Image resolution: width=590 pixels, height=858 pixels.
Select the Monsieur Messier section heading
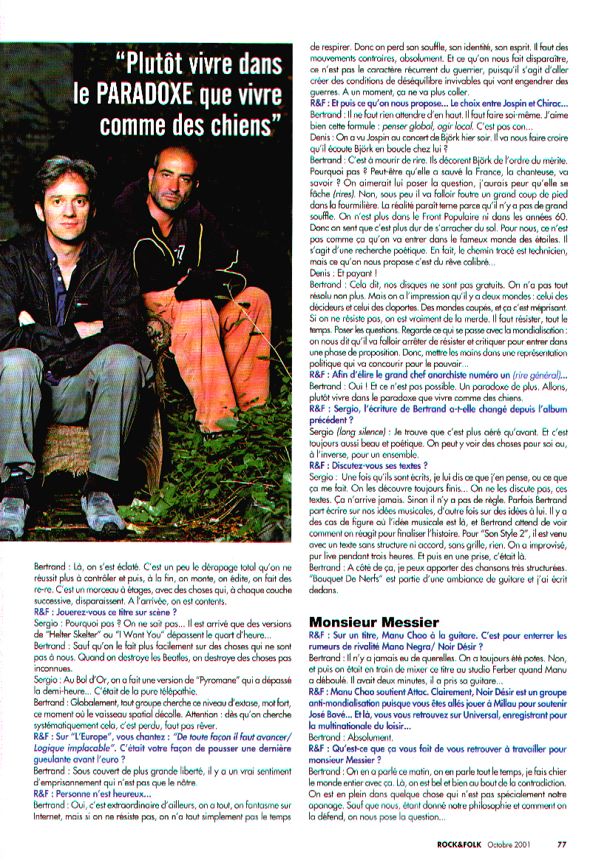(373, 622)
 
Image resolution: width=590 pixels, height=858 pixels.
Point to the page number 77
(562, 840)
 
